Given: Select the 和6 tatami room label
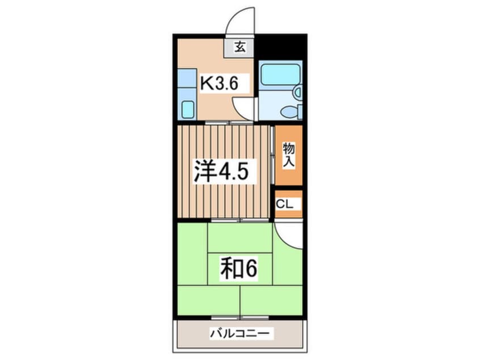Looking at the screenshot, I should pyautogui.click(x=239, y=269).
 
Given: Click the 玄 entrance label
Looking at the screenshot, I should pyautogui.click(x=241, y=48).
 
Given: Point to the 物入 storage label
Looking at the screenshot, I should pyautogui.click(x=289, y=154).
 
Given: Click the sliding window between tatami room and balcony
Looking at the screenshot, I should pyautogui.click(x=241, y=316).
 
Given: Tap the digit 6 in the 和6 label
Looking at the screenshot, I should pyautogui.click(x=251, y=269).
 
